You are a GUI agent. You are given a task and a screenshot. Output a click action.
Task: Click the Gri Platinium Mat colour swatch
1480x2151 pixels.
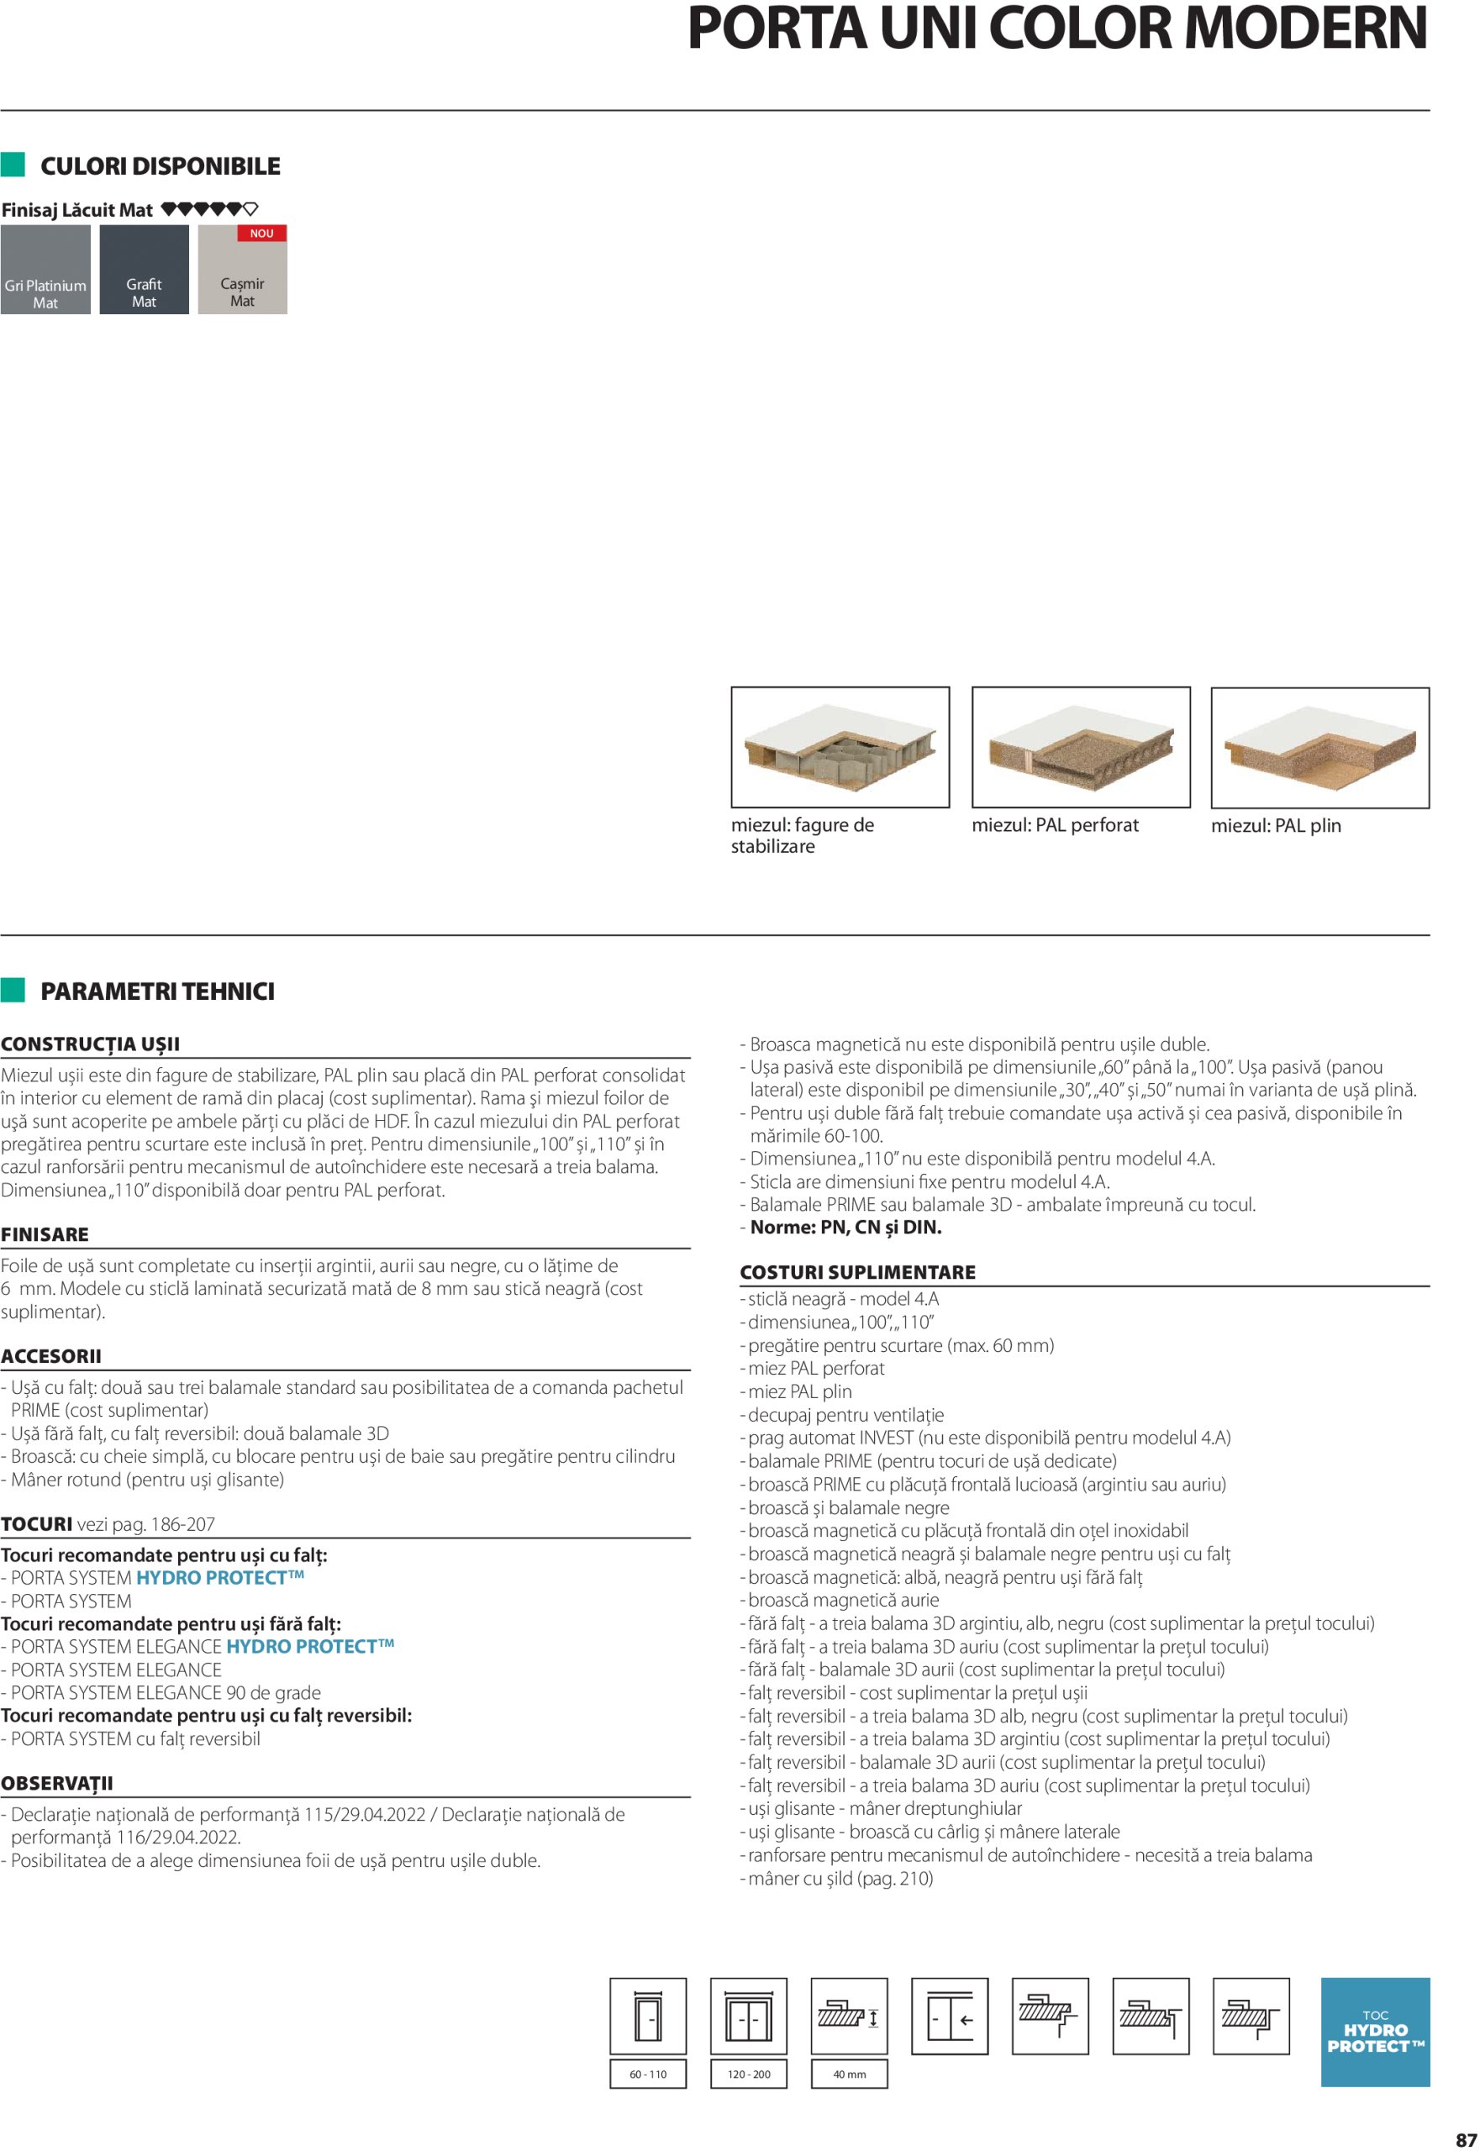pyautogui.click(x=45, y=270)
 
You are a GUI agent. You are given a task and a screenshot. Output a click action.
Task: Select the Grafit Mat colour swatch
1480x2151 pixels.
pyautogui.click(x=144, y=270)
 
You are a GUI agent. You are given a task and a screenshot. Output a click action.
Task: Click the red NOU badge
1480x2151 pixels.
pyautogui.click(x=261, y=234)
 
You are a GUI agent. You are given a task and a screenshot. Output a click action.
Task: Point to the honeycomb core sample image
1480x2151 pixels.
pyautogui.click(x=840, y=746)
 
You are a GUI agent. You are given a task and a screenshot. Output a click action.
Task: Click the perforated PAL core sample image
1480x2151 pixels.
pyautogui.click(x=1080, y=746)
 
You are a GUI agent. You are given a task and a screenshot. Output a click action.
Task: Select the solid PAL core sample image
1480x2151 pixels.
pyautogui.click(x=1319, y=747)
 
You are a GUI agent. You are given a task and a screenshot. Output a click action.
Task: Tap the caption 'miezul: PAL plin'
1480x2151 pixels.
pyautogui.click(x=1275, y=825)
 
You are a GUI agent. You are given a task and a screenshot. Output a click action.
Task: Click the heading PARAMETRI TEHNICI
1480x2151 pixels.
pyautogui.click(x=158, y=991)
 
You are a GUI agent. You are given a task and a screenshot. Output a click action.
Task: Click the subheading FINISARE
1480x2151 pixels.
pyautogui.click(x=45, y=1234)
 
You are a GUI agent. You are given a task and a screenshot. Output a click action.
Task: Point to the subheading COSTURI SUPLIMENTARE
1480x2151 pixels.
pyautogui.click(x=857, y=1272)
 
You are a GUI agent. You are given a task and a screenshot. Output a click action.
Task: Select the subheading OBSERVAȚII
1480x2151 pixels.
pyautogui.click(x=57, y=1783)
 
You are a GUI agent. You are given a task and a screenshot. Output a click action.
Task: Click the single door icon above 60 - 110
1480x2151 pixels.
pyautogui.click(x=647, y=2016)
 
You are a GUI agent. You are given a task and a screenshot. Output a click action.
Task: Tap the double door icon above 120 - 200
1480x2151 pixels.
pyautogui.click(x=748, y=2016)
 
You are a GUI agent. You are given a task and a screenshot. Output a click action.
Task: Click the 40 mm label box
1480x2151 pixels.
pyautogui.click(x=849, y=2074)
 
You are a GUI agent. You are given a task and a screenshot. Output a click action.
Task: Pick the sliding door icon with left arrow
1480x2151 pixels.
pyautogui.click(x=950, y=2016)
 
